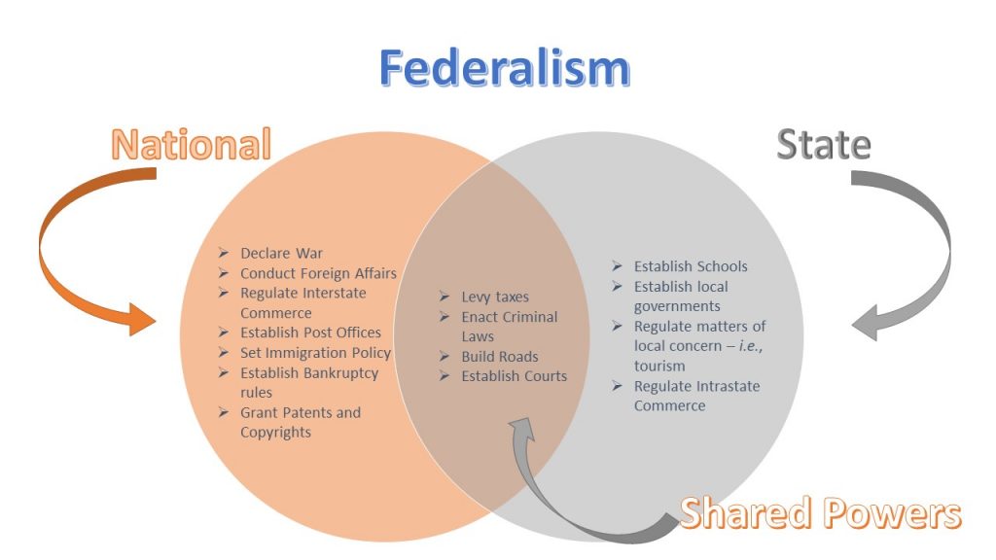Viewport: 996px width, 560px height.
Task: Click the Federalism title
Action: coord(505,67)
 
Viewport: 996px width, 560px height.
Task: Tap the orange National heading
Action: coord(192,144)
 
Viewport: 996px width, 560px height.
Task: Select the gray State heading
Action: coord(824,144)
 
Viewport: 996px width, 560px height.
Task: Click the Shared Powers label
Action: coord(820,513)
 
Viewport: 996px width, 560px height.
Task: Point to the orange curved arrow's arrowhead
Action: coord(141,319)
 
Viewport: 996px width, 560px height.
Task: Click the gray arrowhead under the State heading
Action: coord(865,323)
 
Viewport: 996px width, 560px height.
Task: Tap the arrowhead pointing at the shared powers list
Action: coord(522,429)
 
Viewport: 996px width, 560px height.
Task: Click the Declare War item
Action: coord(281,254)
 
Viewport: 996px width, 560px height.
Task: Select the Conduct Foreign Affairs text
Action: coord(318,273)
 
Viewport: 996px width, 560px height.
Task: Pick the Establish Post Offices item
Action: coord(310,332)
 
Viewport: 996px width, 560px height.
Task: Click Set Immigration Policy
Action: coord(316,353)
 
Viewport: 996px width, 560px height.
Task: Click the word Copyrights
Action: coord(275,433)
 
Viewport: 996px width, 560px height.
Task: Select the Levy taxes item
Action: coord(495,297)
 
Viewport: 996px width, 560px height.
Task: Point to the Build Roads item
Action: coord(500,357)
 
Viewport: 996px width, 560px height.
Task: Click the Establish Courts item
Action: coord(515,376)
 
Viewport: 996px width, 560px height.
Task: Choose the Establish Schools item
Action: coord(691,266)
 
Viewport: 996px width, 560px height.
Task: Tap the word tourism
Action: coord(659,367)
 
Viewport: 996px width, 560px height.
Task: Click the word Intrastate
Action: coord(729,386)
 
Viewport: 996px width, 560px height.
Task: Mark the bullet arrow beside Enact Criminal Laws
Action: coord(445,316)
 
